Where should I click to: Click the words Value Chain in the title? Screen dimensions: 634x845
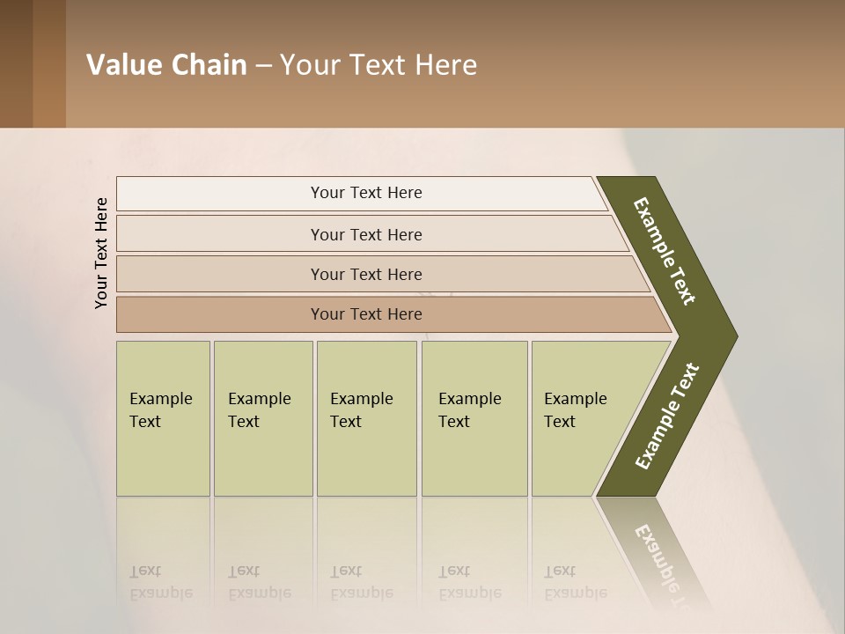166,65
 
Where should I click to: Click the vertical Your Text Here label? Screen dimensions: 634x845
101,253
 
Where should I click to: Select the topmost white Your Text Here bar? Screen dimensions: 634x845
365,193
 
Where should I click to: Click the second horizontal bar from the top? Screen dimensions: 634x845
365,234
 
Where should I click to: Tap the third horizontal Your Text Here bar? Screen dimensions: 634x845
365,274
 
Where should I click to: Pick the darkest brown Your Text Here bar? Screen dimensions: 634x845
365,314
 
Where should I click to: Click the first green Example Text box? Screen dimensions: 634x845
163,418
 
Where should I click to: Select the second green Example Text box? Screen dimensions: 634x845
262,418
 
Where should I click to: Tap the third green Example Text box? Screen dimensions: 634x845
366,418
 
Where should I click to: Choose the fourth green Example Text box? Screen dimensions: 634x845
474,418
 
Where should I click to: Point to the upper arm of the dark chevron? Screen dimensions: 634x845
665,250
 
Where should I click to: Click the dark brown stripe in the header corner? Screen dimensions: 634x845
16,63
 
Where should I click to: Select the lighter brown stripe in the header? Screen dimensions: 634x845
49,63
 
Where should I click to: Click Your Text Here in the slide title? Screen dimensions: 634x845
378,65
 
